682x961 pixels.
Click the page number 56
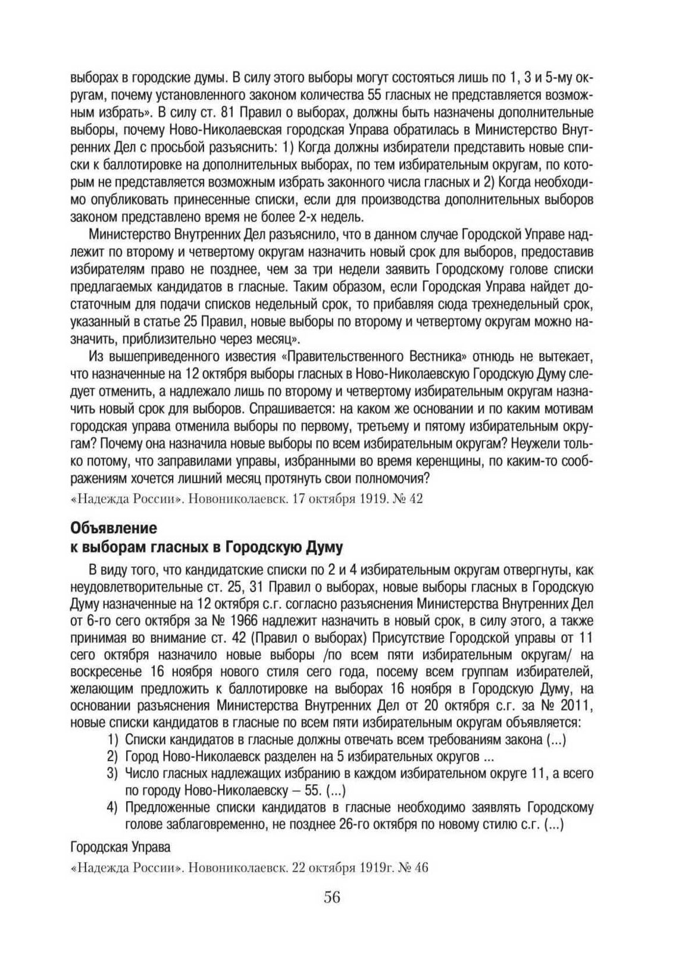point(332,897)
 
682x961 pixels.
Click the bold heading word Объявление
point(113,528)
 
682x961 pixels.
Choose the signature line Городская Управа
point(120,847)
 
